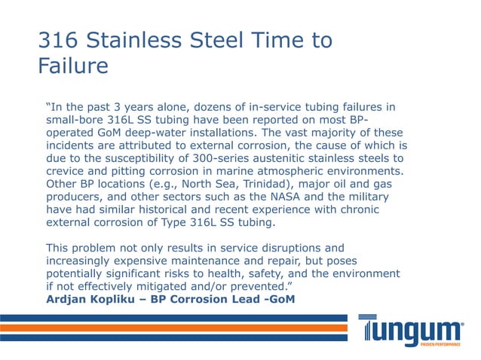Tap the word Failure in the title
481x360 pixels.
(x=73, y=66)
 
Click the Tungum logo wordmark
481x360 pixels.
(x=410, y=330)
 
